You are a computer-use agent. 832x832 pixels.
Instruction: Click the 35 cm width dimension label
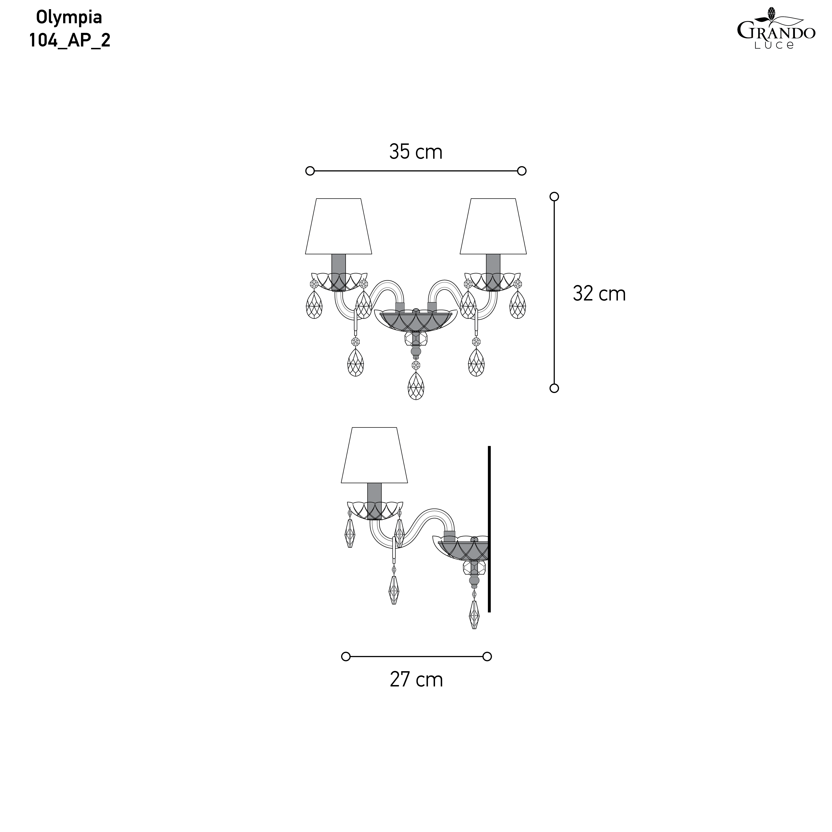[416, 152]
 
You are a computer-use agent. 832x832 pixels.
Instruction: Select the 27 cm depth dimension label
[416, 680]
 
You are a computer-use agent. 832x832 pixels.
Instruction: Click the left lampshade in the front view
[339, 226]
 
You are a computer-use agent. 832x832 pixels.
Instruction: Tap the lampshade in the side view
[374, 455]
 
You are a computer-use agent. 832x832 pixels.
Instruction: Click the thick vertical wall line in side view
[489, 529]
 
